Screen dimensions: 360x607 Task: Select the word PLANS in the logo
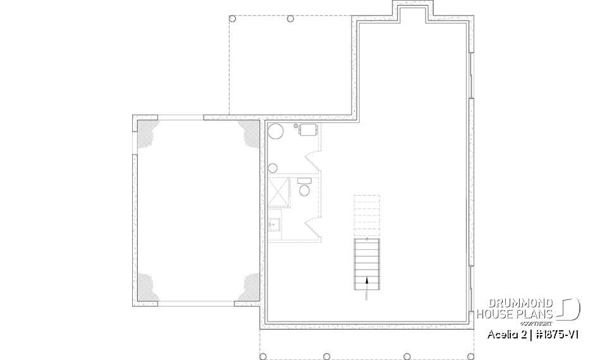point(537,314)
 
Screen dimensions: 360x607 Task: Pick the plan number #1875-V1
point(557,333)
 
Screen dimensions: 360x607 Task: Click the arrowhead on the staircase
point(367,279)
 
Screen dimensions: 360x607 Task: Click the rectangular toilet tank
point(303,182)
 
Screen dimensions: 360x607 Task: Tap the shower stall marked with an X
point(278,194)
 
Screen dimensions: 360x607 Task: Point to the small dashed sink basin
point(274,224)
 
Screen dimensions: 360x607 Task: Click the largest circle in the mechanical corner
point(276,132)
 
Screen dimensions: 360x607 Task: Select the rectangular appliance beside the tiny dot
point(308,130)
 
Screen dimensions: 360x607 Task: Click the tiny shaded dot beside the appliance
point(296,126)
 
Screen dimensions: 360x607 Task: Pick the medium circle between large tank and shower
point(273,168)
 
